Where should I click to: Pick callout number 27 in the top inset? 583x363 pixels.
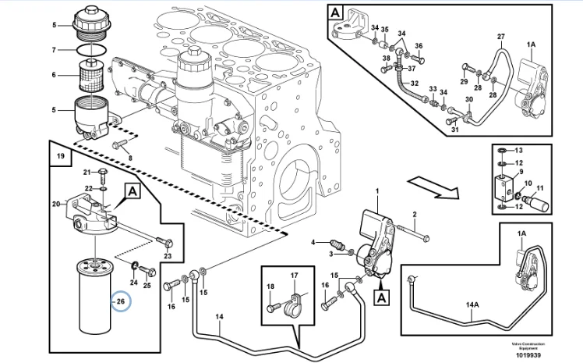pyautogui.click(x=501, y=37)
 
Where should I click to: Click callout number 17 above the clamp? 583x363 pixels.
pyautogui.click(x=294, y=276)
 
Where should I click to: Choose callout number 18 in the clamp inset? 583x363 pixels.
pyautogui.click(x=270, y=288)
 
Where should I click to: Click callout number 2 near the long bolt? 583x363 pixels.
pyautogui.click(x=415, y=214)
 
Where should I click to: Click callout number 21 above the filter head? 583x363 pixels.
pyautogui.click(x=88, y=172)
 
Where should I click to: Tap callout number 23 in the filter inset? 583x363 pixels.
pyautogui.click(x=168, y=255)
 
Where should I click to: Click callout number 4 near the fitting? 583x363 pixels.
pyautogui.click(x=314, y=242)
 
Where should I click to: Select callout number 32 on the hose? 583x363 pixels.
pyautogui.click(x=415, y=84)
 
